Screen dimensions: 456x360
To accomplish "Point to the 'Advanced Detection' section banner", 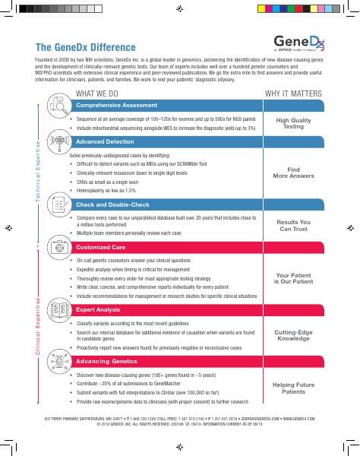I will click(106, 142).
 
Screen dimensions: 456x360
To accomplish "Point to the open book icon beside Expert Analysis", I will click(58, 310).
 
